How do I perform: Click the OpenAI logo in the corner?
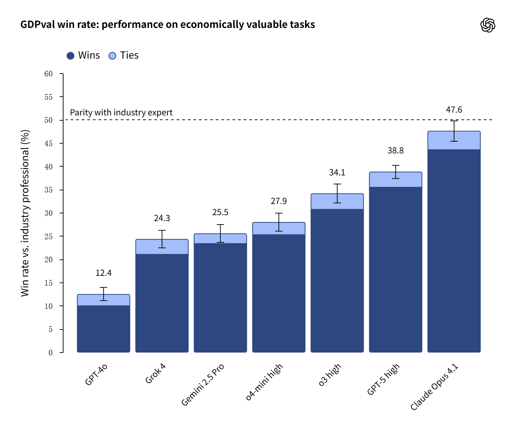coord(488,25)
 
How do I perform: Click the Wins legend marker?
coord(70,56)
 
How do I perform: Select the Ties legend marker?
coord(112,56)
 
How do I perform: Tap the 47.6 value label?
coord(454,110)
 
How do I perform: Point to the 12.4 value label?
coord(104,273)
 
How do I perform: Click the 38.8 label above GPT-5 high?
coord(395,151)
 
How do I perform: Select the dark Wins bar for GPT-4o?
coord(104,329)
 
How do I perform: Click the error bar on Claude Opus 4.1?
coord(454,131)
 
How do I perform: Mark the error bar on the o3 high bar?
coord(337,194)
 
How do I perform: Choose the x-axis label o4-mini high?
coord(264,382)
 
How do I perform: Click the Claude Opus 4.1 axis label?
coord(434,387)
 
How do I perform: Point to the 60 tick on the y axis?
coord(49,74)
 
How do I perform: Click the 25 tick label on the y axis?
coord(49,236)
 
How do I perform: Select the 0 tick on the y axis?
coord(51,353)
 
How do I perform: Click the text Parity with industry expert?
coord(121,113)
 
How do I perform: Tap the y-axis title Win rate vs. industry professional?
coord(25,213)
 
